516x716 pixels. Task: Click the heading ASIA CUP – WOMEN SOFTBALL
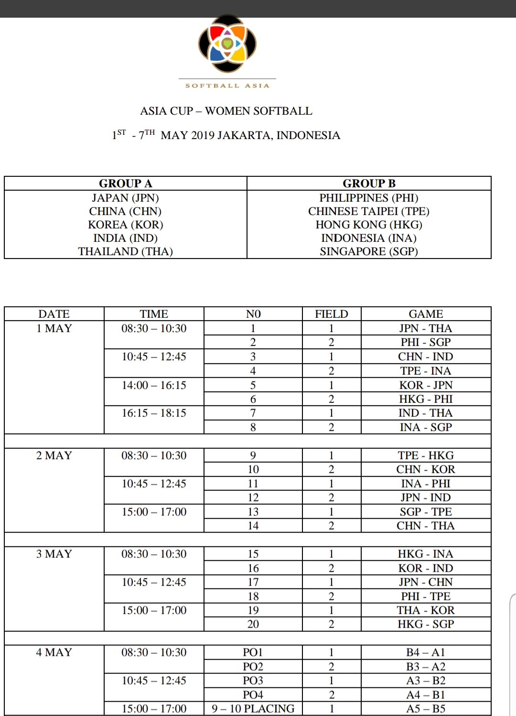[x=226, y=111]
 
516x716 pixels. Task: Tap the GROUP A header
[x=125, y=184]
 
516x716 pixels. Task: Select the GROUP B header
[x=369, y=184]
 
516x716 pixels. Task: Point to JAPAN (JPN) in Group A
[x=125, y=198]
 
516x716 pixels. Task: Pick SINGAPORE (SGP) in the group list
[x=369, y=251]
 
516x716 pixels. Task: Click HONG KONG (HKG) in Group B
[x=369, y=225]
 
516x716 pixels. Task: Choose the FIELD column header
[x=331, y=314]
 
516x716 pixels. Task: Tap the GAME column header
[x=426, y=314]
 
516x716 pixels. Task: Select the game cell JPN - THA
[x=426, y=328]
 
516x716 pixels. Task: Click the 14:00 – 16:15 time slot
[x=154, y=385]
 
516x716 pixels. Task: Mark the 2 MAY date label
[x=54, y=456]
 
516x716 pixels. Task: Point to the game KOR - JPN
[x=426, y=385]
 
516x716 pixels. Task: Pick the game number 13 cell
[x=253, y=512]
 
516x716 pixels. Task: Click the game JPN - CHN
[x=426, y=582]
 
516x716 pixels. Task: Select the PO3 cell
[x=253, y=681]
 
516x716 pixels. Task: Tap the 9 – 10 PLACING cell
[x=253, y=709]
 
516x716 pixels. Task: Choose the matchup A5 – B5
[x=426, y=709]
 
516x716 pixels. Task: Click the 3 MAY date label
[x=54, y=554]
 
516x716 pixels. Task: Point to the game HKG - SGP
[x=426, y=624]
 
